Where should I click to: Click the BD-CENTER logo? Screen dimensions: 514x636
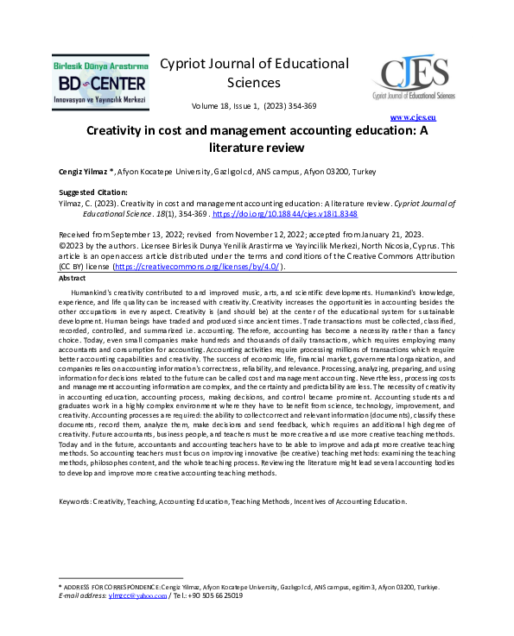pyautogui.click(x=100, y=82)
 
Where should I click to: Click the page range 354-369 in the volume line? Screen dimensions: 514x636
pyautogui.click(x=301, y=105)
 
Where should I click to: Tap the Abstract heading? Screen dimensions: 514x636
pyautogui.click(x=73, y=279)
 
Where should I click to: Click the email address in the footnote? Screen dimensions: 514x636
pyautogui.click(x=137, y=595)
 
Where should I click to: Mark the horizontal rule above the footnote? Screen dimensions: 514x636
pyautogui.click(x=120, y=578)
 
